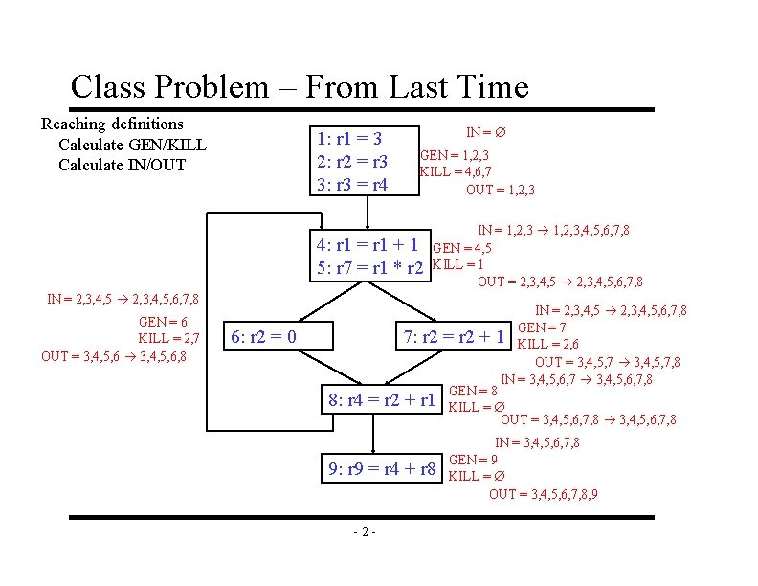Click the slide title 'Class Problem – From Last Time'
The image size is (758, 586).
pos(299,87)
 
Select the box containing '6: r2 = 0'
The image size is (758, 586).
pos(264,336)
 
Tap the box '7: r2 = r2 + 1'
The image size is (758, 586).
pos(453,336)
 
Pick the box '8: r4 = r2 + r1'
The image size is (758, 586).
pos(382,399)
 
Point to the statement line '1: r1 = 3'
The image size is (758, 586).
pos(350,138)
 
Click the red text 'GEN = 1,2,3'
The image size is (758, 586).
pos(456,155)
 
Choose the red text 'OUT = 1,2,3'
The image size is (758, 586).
pos(500,190)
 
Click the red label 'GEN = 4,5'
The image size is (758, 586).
pos(462,249)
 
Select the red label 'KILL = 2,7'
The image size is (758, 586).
pos(168,339)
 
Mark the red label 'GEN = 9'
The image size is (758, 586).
pos(473,459)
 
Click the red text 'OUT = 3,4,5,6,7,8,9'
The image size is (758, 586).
pos(544,494)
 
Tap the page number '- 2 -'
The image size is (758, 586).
pos(364,532)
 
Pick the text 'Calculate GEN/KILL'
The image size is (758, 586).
pos(132,145)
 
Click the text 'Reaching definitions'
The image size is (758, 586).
pos(112,124)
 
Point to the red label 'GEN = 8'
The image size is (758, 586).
pos(473,391)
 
